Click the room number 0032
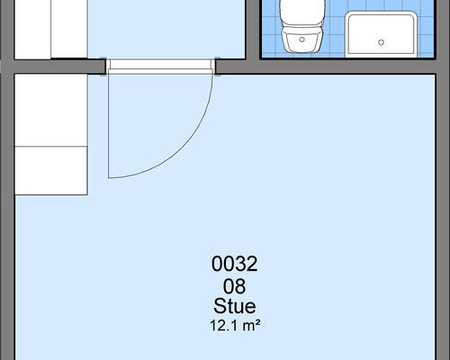[x=234, y=264]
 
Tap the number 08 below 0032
[x=234, y=286]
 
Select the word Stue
[x=235, y=306]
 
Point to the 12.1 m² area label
[x=235, y=326]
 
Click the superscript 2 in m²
[x=256, y=322]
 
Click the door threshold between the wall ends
[x=160, y=64]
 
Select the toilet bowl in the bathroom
[x=302, y=40]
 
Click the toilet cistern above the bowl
[x=302, y=13]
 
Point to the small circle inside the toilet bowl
[x=302, y=40]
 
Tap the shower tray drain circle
[x=381, y=42]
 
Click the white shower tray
[x=381, y=34]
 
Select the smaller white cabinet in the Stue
[x=51, y=171]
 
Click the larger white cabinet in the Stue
[x=51, y=110]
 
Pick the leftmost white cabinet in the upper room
[x=32, y=29]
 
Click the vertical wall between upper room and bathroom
[x=253, y=30]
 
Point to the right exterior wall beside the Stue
[x=443, y=216]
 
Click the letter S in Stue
[x=219, y=306]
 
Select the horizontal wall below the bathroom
[x=326, y=67]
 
